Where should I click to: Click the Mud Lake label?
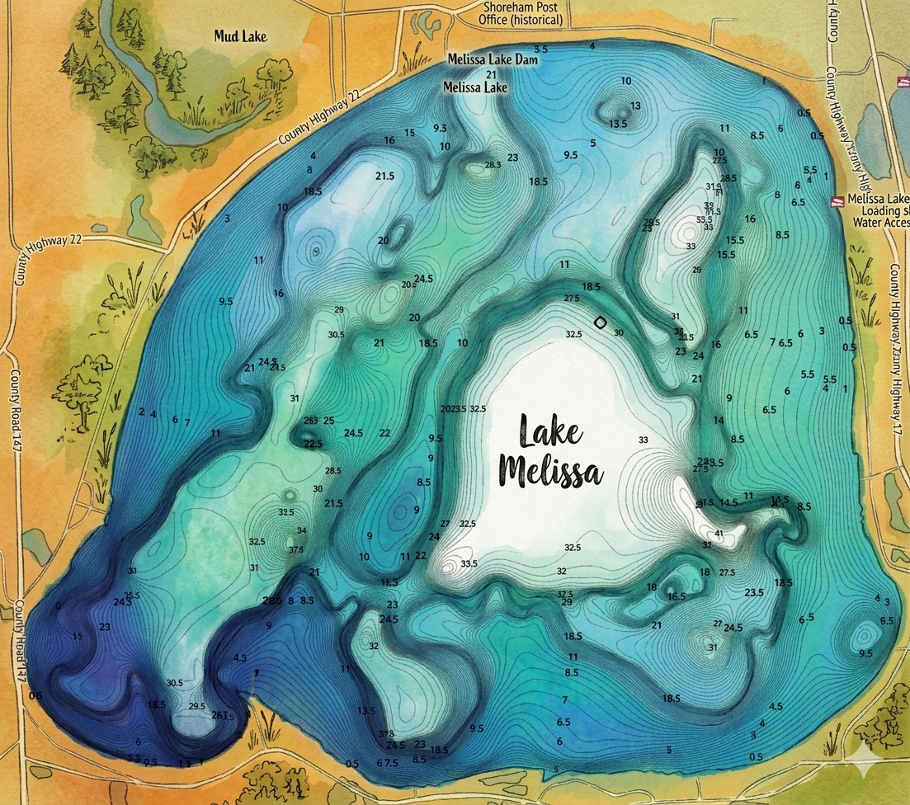point(242,36)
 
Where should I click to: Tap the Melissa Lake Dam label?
point(492,60)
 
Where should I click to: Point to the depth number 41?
point(719,534)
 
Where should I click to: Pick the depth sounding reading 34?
point(302,530)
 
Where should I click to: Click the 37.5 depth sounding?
point(296,549)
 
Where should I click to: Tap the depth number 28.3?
point(493,165)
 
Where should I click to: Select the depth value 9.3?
point(440,128)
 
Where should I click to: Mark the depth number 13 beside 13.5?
point(635,106)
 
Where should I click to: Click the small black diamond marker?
point(601,322)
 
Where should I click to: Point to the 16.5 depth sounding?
point(677,596)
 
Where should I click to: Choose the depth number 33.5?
point(469,563)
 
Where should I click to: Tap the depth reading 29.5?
point(196,706)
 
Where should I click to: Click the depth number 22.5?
point(314,444)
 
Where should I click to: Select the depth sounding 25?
point(328,421)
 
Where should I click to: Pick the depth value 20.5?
point(409,285)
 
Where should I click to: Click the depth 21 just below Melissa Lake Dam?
point(491,74)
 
